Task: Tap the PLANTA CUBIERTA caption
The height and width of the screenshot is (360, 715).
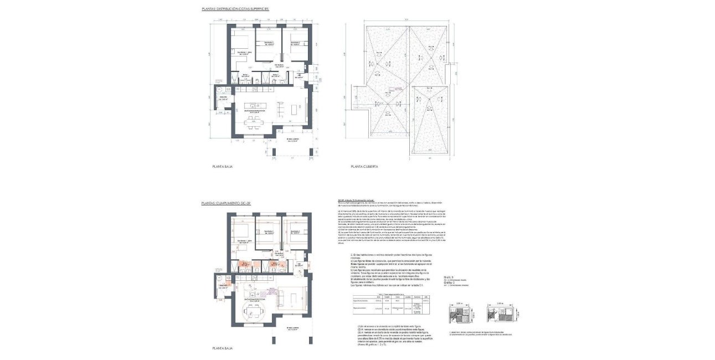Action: [x=365, y=166]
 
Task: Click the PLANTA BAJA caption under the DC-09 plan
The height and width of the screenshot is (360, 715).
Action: [x=222, y=348]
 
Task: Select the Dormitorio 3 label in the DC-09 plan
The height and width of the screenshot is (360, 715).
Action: [x=295, y=233]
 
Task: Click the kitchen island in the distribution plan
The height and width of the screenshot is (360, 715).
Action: [x=256, y=105]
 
